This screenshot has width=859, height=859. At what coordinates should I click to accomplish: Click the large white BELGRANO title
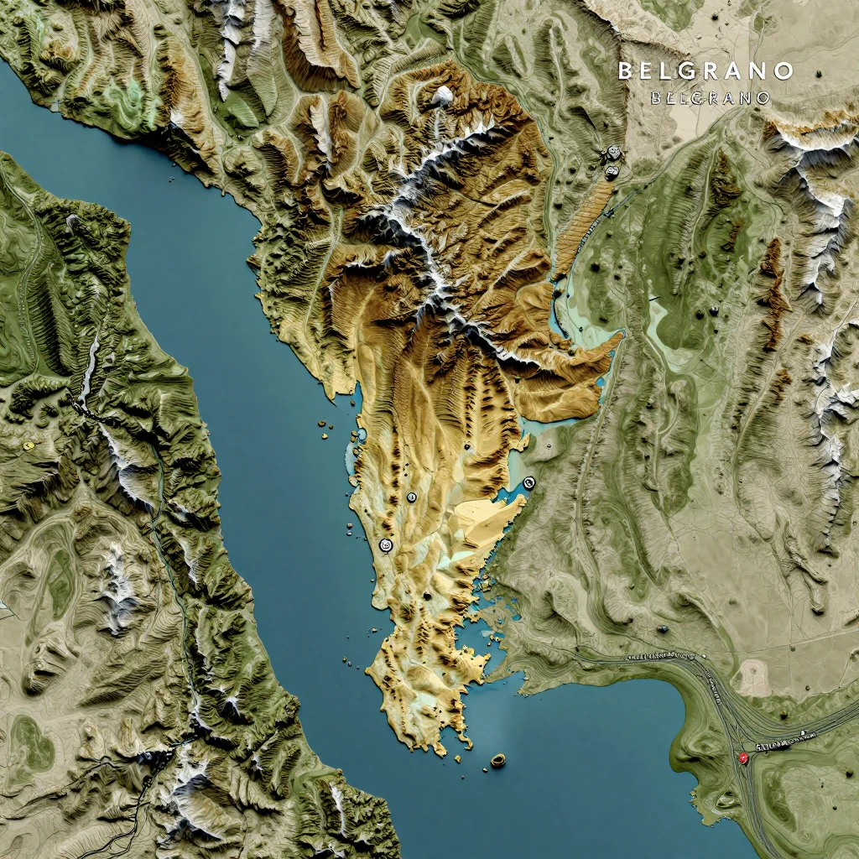pyautogui.click(x=705, y=71)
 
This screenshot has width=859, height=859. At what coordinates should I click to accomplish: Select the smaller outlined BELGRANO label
pyautogui.click(x=710, y=98)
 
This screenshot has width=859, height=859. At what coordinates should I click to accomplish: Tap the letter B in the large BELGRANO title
pyautogui.click(x=626, y=71)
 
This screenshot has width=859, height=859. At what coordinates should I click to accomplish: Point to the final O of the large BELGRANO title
pyautogui.click(x=784, y=71)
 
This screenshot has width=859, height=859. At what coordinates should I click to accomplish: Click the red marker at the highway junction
pyautogui.click(x=742, y=757)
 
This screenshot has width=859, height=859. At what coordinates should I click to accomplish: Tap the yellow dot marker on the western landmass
pyautogui.click(x=29, y=445)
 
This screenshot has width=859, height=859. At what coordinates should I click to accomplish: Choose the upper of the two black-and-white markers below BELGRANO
pyautogui.click(x=613, y=153)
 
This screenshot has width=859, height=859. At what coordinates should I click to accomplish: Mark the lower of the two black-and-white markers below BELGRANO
pyautogui.click(x=612, y=172)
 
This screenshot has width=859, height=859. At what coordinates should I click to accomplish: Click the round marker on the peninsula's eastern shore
pyautogui.click(x=528, y=482)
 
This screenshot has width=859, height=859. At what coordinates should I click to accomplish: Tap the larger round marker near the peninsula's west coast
pyautogui.click(x=386, y=545)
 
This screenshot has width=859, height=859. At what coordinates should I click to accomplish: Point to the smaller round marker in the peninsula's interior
pyautogui.click(x=411, y=497)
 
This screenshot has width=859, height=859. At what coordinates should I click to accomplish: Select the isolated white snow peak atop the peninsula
pyautogui.click(x=443, y=95)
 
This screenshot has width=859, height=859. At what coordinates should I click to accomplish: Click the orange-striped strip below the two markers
pyautogui.click(x=583, y=222)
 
